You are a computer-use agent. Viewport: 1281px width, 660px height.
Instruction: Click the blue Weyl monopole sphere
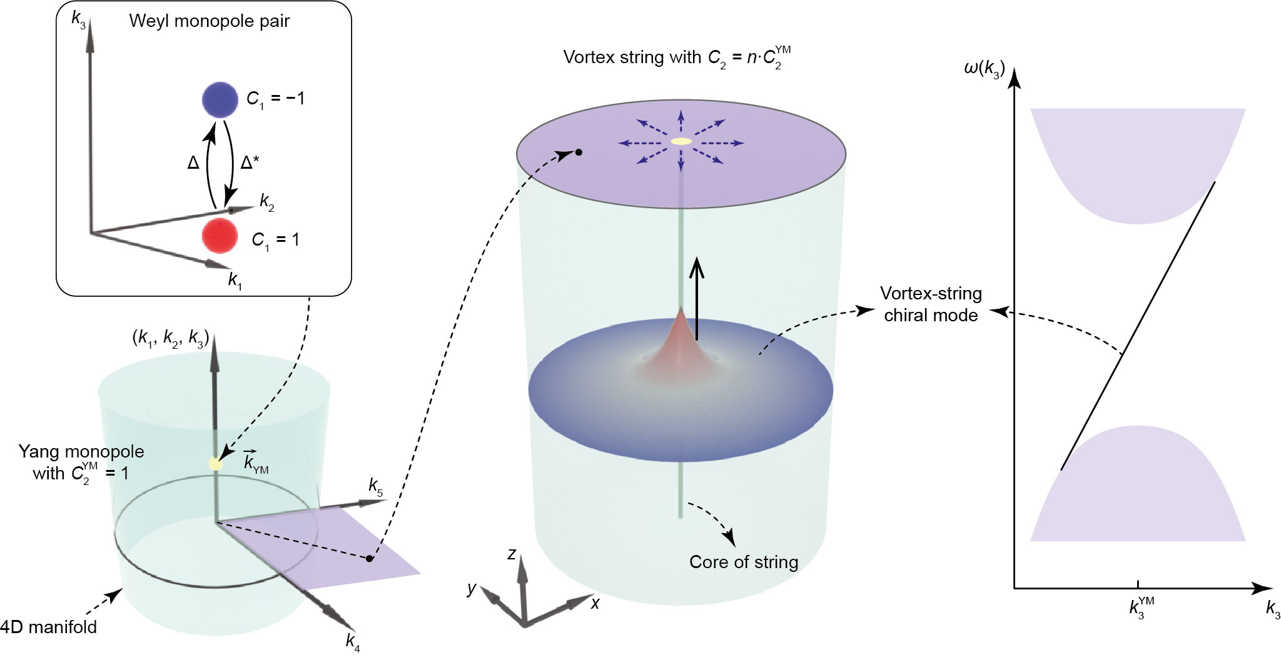[220, 100]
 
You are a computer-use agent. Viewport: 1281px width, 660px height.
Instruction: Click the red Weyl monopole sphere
[220, 236]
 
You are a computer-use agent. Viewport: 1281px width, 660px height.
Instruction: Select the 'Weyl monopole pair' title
[209, 21]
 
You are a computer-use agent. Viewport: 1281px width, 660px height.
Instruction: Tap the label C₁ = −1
[275, 99]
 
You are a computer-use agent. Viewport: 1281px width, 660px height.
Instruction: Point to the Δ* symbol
[250, 163]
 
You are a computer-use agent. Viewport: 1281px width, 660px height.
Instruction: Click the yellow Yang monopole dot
[215, 464]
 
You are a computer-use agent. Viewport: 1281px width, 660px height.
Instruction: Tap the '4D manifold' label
[49, 627]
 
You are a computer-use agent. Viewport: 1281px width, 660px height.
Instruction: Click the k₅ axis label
[375, 486]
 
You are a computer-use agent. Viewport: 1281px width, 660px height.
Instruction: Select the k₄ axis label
[353, 642]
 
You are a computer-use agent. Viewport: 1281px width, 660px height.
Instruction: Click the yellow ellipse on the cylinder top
[681, 141]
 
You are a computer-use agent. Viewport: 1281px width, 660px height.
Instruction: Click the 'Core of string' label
[744, 562]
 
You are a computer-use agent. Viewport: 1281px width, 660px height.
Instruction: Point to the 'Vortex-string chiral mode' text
[931, 304]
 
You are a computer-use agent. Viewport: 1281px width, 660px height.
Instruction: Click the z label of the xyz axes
[512, 554]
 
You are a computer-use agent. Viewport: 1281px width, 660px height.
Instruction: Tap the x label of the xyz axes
[595, 603]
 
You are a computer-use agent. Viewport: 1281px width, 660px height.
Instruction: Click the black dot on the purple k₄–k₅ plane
[370, 558]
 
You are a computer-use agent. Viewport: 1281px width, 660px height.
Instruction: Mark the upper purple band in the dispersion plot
[1137, 162]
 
